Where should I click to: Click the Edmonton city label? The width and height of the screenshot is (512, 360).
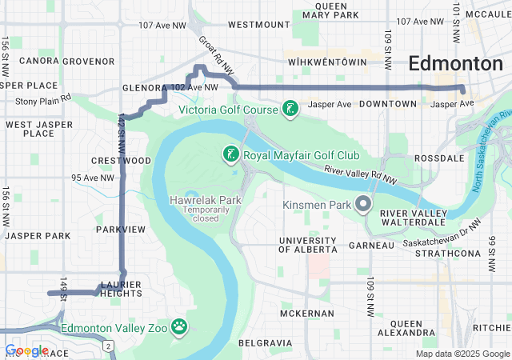click(455, 64)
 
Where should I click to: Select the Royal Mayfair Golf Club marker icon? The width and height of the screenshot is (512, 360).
click(230, 154)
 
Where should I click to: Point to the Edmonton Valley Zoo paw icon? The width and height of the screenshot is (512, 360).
click(181, 326)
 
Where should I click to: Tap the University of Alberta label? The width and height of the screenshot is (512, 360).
click(308, 246)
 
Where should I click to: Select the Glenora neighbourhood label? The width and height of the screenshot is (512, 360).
click(143, 88)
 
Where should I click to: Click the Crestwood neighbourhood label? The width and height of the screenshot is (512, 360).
click(122, 161)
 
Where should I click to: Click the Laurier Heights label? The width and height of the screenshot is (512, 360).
click(121, 288)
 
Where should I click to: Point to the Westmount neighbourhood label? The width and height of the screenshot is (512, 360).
click(258, 25)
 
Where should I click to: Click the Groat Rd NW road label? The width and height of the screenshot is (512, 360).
click(215, 56)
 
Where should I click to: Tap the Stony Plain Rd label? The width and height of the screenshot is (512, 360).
click(43, 101)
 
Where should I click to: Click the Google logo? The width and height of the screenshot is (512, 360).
click(26, 350)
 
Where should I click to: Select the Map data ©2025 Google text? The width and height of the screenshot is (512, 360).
click(462, 354)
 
